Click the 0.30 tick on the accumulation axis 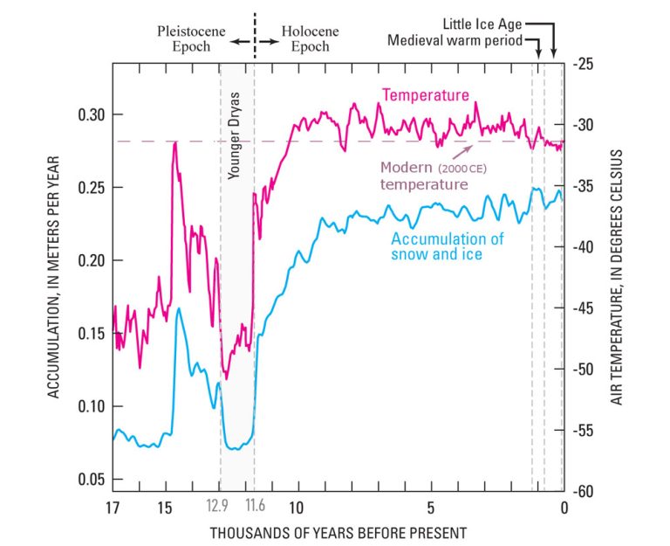86,115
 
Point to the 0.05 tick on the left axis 86,480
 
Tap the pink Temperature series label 427,94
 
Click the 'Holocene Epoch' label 310,39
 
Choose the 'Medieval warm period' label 455,40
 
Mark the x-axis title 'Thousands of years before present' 338,532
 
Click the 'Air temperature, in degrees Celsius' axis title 617,277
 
